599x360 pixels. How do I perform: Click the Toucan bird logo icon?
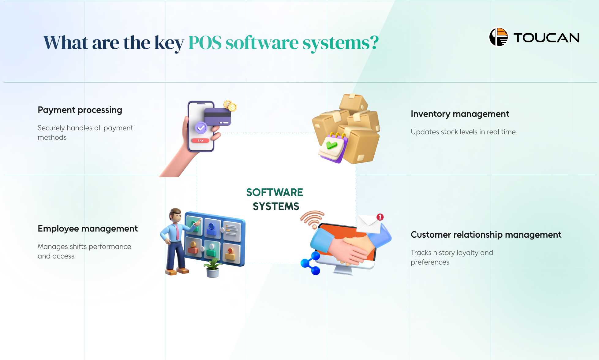point(499,37)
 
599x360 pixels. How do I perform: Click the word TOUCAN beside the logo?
point(546,38)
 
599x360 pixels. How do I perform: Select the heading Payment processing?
point(80,110)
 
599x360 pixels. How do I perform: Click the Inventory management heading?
point(460,114)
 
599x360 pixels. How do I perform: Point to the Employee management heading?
point(88,229)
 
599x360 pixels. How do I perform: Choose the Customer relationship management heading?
point(486,235)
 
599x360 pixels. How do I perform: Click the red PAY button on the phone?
point(200,141)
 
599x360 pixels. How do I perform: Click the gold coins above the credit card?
point(230,106)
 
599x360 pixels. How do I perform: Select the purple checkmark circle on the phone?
point(201,128)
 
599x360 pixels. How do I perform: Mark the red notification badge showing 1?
point(380,217)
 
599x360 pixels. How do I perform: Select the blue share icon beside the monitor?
point(311,263)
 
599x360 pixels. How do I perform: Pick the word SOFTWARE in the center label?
point(275,192)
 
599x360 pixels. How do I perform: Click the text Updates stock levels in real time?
point(463,132)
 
